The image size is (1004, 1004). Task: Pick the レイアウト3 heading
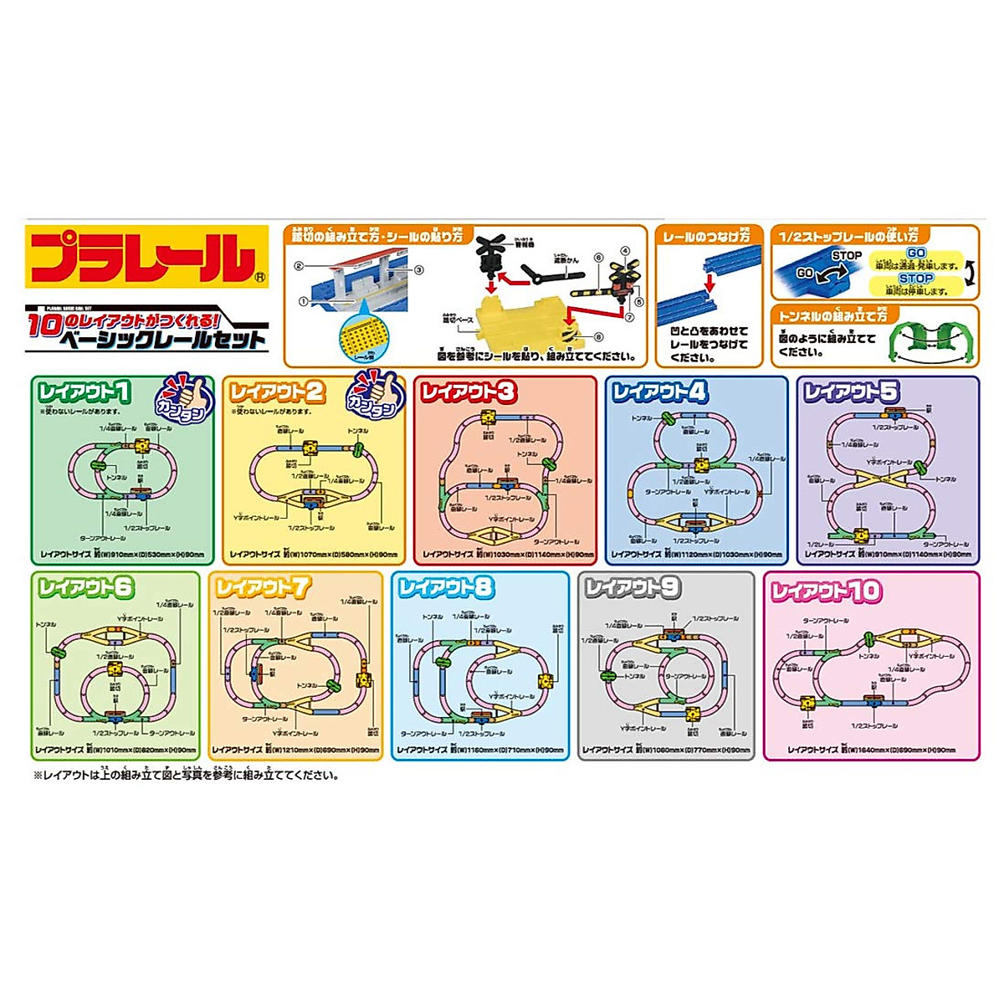[x=469, y=392]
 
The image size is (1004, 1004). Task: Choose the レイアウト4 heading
[x=660, y=392]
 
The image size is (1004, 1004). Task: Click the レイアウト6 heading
[x=86, y=588]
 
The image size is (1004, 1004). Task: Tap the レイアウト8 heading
[x=446, y=588]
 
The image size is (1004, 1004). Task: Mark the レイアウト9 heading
[x=632, y=588]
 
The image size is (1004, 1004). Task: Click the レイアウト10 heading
[x=826, y=592]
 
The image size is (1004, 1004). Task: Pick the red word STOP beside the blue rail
[x=847, y=255]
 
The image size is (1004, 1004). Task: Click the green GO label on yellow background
[x=915, y=253]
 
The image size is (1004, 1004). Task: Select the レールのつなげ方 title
[x=707, y=238]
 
